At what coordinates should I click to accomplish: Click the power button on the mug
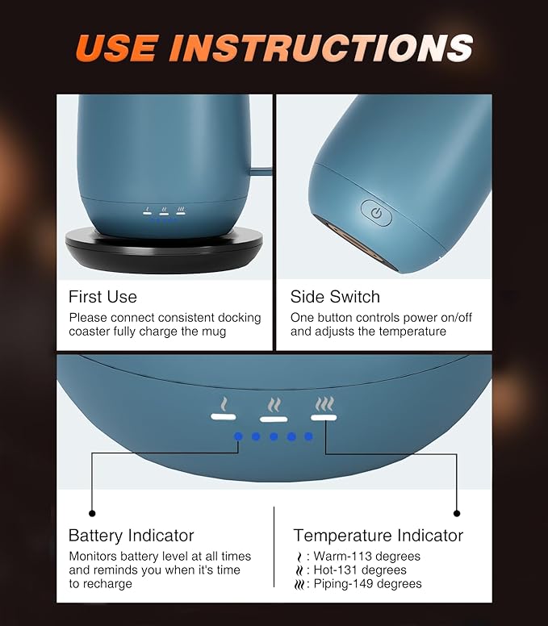[376, 213]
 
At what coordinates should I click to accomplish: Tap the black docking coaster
[164, 252]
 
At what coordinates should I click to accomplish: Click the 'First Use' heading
[102, 297]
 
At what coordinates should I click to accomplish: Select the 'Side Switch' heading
[335, 297]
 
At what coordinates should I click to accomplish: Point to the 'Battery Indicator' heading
[131, 536]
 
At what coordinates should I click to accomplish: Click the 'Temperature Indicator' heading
[379, 536]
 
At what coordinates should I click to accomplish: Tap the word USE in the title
[117, 48]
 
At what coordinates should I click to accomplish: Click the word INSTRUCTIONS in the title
[321, 48]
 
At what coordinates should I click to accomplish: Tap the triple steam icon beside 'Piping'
[299, 585]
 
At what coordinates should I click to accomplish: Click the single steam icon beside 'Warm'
[299, 557]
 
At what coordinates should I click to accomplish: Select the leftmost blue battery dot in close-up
[238, 436]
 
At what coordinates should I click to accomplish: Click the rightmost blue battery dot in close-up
[308, 436]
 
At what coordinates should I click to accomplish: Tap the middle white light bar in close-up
[274, 419]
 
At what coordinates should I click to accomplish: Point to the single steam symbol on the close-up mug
[224, 404]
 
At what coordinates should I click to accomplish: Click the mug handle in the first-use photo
[261, 172]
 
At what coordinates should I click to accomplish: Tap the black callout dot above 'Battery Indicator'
[92, 513]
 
